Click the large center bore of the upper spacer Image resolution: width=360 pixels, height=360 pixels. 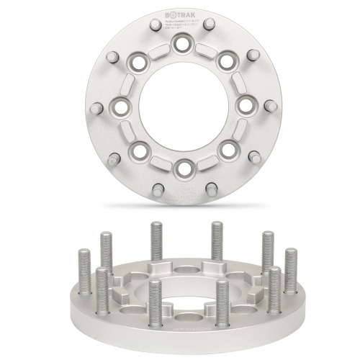pyautogui.click(x=180, y=108)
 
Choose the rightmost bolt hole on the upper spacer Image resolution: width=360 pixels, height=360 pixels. pyautogui.click(x=242, y=108)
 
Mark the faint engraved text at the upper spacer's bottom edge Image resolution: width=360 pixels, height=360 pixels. pyautogui.click(x=180, y=193)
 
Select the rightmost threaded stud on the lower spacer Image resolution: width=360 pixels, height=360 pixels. pyautogui.click(x=290, y=266)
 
